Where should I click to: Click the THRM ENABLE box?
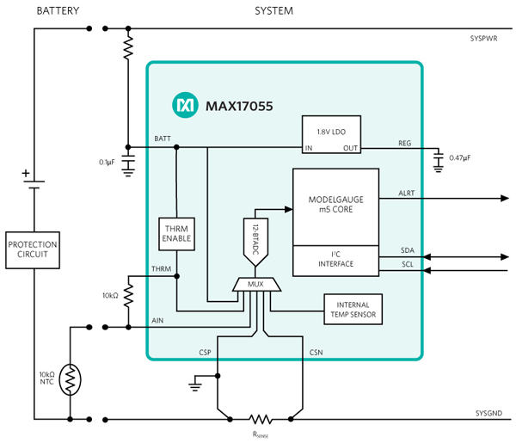tap(176, 232)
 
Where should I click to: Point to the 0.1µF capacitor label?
tap(107, 162)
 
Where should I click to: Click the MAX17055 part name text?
tap(238, 107)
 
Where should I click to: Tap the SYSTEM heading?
tap(273, 10)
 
